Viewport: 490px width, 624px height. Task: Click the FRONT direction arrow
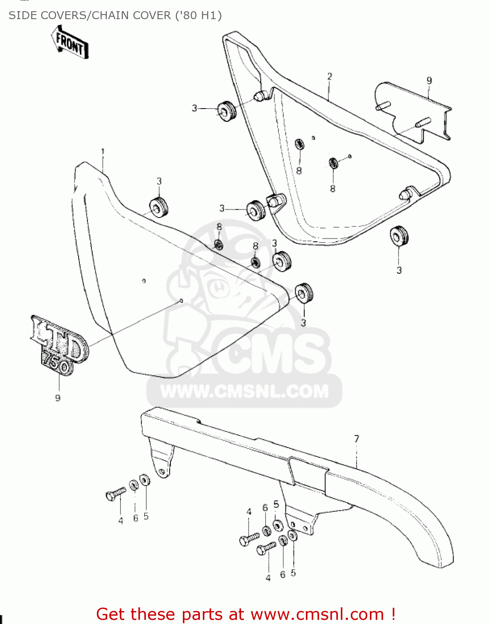70,42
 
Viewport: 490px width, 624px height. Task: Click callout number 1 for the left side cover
103,152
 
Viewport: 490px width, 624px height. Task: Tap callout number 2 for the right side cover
330,77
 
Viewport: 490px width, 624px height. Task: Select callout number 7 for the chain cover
357,439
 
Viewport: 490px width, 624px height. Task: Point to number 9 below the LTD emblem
58,398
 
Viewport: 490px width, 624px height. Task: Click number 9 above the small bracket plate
429,81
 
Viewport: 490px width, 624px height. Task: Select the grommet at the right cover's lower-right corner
399,236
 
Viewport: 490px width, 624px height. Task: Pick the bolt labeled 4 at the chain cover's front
116,494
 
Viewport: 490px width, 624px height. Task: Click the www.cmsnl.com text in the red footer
317,614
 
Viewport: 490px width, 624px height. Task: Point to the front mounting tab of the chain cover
161,462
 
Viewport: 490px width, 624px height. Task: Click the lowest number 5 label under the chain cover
293,573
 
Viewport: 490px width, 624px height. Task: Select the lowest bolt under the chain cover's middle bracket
266,548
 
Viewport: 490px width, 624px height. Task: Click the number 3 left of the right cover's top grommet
194,108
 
